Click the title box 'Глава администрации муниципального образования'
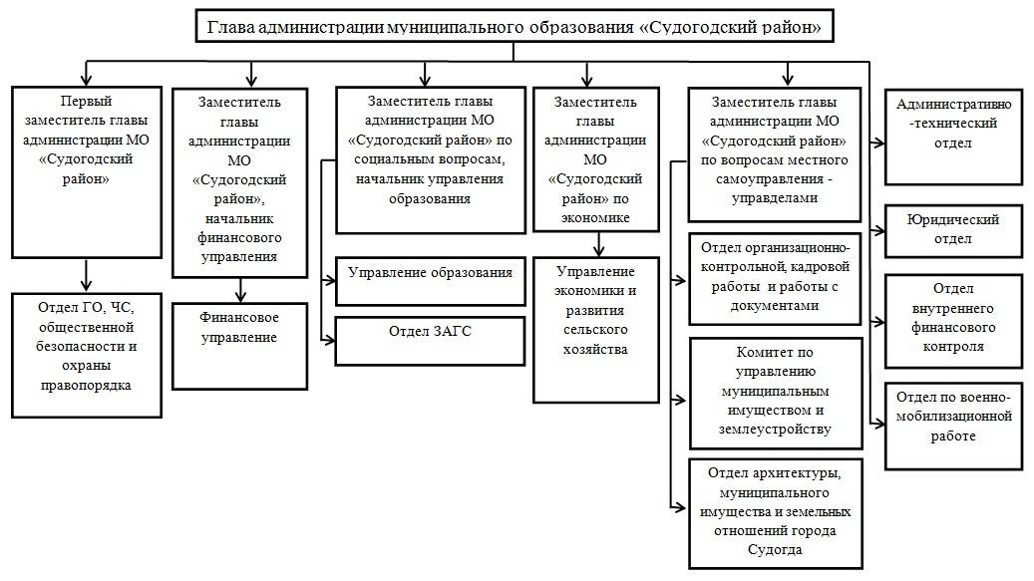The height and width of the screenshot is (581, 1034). point(514,27)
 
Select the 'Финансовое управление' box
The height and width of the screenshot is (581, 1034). point(239,345)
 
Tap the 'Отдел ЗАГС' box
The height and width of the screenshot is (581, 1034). point(429,341)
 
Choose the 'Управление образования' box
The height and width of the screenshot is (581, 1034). point(430,280)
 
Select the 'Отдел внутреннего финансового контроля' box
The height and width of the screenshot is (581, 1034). point(953,316)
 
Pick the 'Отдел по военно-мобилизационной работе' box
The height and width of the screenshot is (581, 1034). point(953,425)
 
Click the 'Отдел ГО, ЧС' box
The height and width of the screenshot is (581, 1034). point(87,354)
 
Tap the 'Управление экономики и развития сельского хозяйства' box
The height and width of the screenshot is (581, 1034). point(596,329)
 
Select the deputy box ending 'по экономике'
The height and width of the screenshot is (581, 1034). point(596,159)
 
